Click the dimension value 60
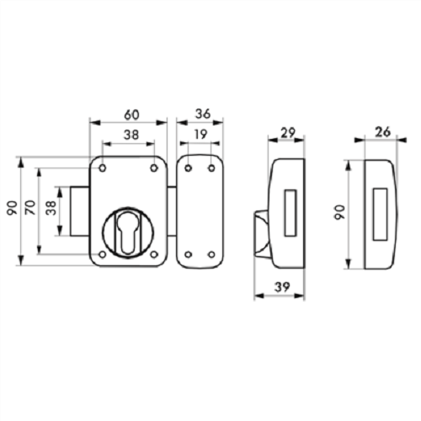[x=131, y=115]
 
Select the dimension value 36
[x=203, y=114]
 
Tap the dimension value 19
[x=200, y=135]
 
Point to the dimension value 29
[x=288, y=133]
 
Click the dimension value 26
[x=383, y=132]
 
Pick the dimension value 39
[x=282, y=287]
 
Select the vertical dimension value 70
[x=30, y=207]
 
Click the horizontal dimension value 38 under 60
[x=131, y=135]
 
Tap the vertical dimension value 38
[x=51, y=208]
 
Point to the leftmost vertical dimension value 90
[x=13, y=208]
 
